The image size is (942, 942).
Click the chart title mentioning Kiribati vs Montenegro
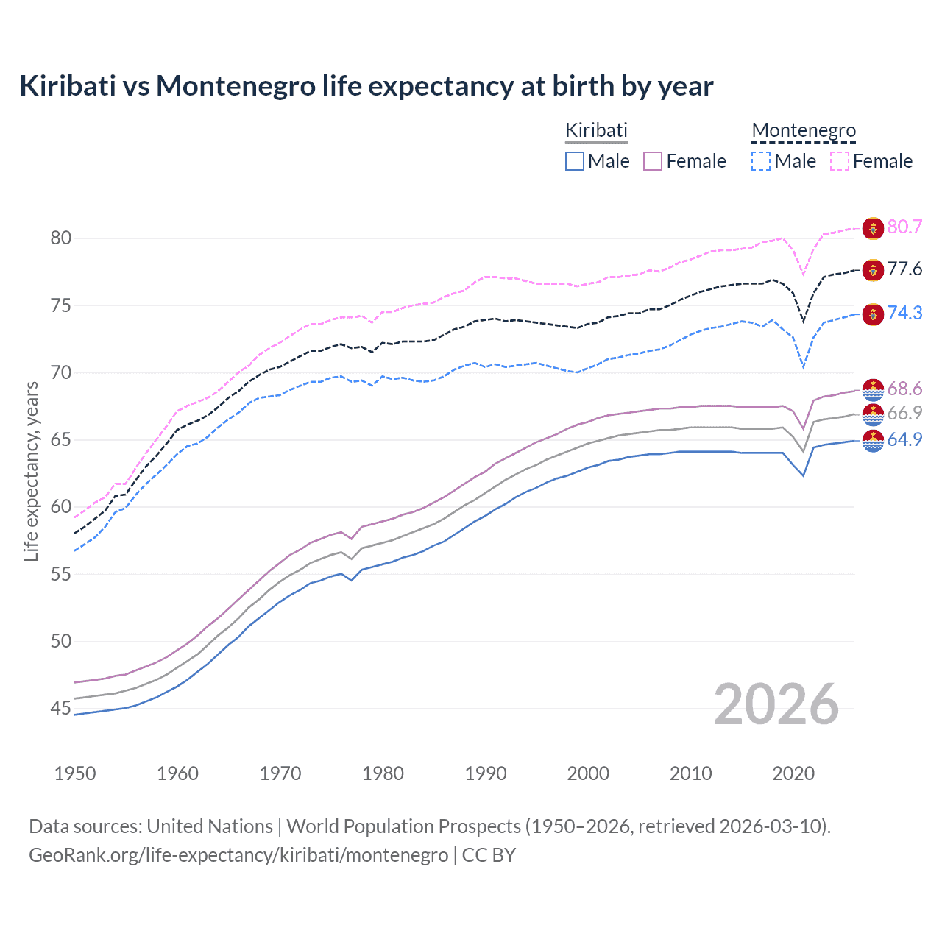366,86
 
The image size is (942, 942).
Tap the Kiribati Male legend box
575,161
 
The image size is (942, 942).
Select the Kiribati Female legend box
653,161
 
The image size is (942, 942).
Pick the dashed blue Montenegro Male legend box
761,161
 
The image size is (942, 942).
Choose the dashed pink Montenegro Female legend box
840,161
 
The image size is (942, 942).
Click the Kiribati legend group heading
596,130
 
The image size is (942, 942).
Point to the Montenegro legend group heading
804,130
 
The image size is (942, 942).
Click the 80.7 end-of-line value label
904,227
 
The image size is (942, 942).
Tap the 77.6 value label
904,269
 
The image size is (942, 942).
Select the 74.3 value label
904,313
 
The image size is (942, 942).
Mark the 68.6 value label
904,389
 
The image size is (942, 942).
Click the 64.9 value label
904,439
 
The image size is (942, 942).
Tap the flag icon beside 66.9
873,414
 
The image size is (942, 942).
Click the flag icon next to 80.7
873,228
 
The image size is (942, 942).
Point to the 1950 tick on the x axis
75,773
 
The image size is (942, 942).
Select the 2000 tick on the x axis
588,773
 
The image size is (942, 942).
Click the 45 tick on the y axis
61,708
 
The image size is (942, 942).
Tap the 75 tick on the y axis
61,305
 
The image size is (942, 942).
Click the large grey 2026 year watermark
776,704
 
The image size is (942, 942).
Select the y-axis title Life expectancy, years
31,471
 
